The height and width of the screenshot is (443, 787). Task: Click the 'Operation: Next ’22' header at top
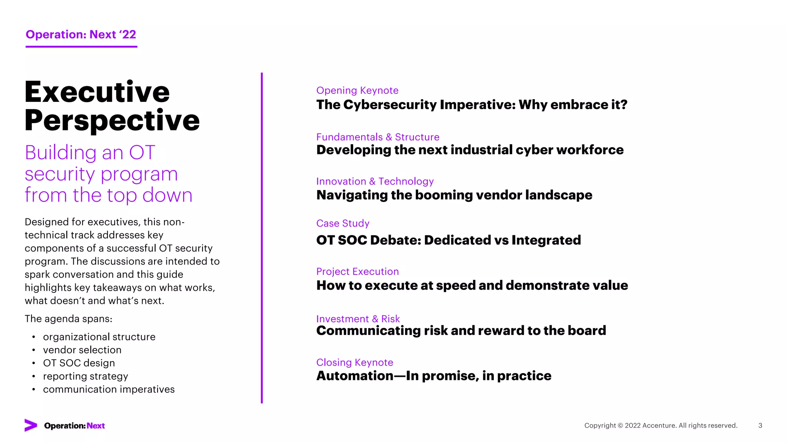point(81,35)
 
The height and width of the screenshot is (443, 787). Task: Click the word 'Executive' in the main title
point(97,92)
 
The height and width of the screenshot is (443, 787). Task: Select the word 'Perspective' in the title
point(112,120)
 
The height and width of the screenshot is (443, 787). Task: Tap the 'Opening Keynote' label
point(357,90)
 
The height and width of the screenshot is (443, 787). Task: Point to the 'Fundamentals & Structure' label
point(377,137)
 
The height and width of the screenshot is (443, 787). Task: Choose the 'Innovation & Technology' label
point(375,181)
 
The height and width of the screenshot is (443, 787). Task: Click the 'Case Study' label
point(342,223)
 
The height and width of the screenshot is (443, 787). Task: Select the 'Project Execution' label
point(357,271)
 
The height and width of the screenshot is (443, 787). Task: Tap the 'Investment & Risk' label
point(358,319)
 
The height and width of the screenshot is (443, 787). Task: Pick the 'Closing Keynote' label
point(354,362)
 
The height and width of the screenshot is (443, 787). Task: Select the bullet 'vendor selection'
point(82,350)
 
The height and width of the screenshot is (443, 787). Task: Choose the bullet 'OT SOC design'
point(79,363)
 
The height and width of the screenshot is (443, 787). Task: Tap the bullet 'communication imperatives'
point(109,389)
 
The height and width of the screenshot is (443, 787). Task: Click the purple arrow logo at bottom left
point(31,425)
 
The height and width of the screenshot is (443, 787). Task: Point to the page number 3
point(760,425)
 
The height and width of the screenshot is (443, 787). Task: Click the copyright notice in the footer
point(661,425)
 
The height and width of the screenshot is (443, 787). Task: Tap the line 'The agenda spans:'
point(68,319)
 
